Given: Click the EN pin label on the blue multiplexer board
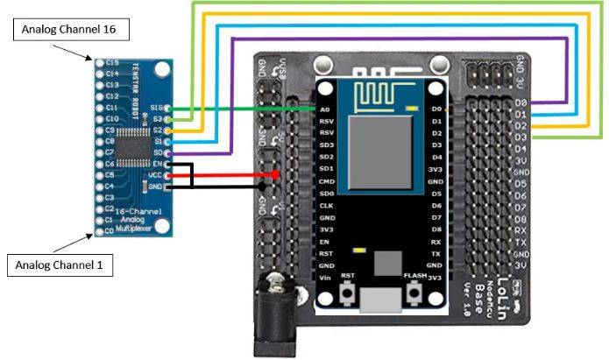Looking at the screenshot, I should click(x=157, y=164).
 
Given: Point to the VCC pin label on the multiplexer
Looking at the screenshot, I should click(x=156, y=174).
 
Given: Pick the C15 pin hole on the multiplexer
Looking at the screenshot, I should click(x=98, y=62).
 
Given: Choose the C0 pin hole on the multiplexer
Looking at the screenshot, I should click(x=98, y=231).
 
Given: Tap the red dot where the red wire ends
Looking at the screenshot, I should click(x=277, y=174).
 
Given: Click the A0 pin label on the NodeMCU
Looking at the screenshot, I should click(x=326, y=109).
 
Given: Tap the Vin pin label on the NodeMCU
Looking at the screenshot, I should click(x=325, y=277).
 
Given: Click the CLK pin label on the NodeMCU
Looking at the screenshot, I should click(x=326, y=205).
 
